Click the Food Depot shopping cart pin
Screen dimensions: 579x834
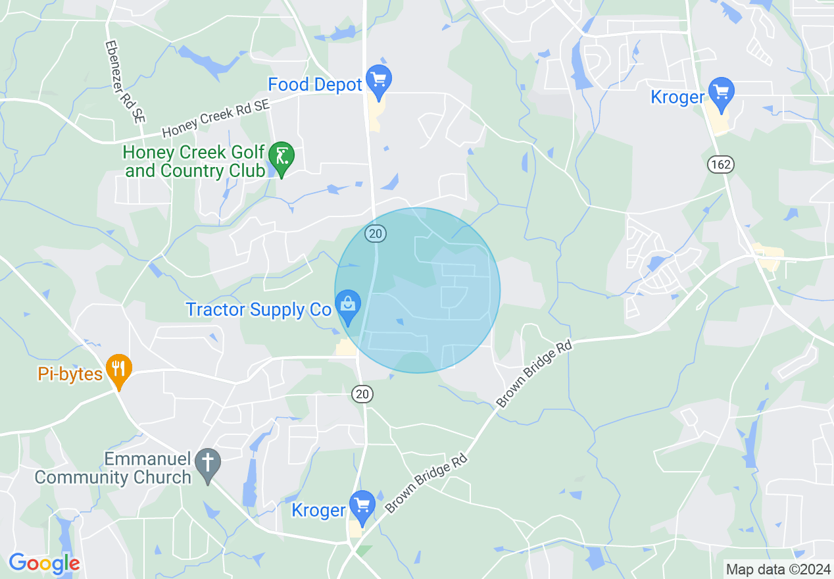coord(378,80)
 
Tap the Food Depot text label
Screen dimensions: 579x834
coord(315,85)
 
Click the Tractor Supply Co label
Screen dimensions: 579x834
coord(258,310)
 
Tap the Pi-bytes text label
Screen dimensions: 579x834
coord(70,374)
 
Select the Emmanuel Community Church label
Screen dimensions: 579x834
coord(113,468)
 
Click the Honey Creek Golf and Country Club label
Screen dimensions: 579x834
coord(194,162)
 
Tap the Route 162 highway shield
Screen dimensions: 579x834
coord(721,164)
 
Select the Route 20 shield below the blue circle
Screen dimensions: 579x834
coord(362,393)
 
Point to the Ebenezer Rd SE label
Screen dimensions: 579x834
coord(124,82)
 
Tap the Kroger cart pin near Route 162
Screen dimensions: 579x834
coord(722,93)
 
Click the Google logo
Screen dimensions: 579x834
coord(44,563)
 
